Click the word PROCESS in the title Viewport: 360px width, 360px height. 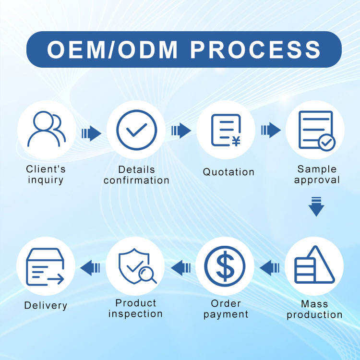(x=255, y=49)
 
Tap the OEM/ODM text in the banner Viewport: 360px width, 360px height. (x=113, y=49)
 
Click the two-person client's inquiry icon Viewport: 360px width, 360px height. (x=46, y=129)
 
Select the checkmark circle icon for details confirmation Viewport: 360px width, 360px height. (x=136, y=130)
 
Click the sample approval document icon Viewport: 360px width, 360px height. (x=316, y=130)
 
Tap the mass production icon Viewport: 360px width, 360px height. (x=314, y=265)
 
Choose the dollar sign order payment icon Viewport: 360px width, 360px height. (x=225, y=266)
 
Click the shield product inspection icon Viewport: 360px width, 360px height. (x=135, y=266)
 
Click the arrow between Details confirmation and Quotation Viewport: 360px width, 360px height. (x=181, y=130)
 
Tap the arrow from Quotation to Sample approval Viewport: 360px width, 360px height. (x=271, y=130)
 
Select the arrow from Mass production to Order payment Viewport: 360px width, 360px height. (x=270, y=267)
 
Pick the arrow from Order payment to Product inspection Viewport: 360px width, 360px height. (x=180, y=267)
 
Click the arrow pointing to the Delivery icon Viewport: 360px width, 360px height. (x=90, y=267)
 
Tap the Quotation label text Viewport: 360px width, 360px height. (x=228, y=172)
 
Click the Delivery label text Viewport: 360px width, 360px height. (x=46, y=305)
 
